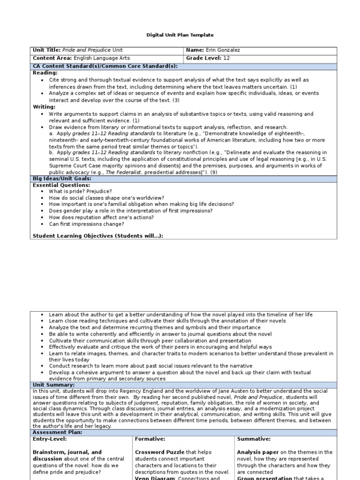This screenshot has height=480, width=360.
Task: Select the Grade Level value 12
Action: pos(226,58)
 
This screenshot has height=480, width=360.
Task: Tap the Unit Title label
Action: pos(46,50)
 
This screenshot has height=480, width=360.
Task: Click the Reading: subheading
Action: pos(45,73)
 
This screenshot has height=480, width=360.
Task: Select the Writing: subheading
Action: pos(44,107)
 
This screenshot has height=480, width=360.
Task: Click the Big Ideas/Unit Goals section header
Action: pos(61,179)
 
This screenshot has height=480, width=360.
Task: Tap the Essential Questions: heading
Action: pos(61,185)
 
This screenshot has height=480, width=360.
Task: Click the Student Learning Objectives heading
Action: pos(97,235)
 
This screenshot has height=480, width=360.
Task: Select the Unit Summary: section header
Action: pos(53,384)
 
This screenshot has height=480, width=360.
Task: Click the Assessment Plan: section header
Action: pos(57,432)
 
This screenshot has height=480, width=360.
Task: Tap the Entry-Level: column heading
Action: pos(50,439)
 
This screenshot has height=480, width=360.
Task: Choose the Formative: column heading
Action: pos(150,439)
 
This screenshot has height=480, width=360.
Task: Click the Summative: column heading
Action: pos(254,439)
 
